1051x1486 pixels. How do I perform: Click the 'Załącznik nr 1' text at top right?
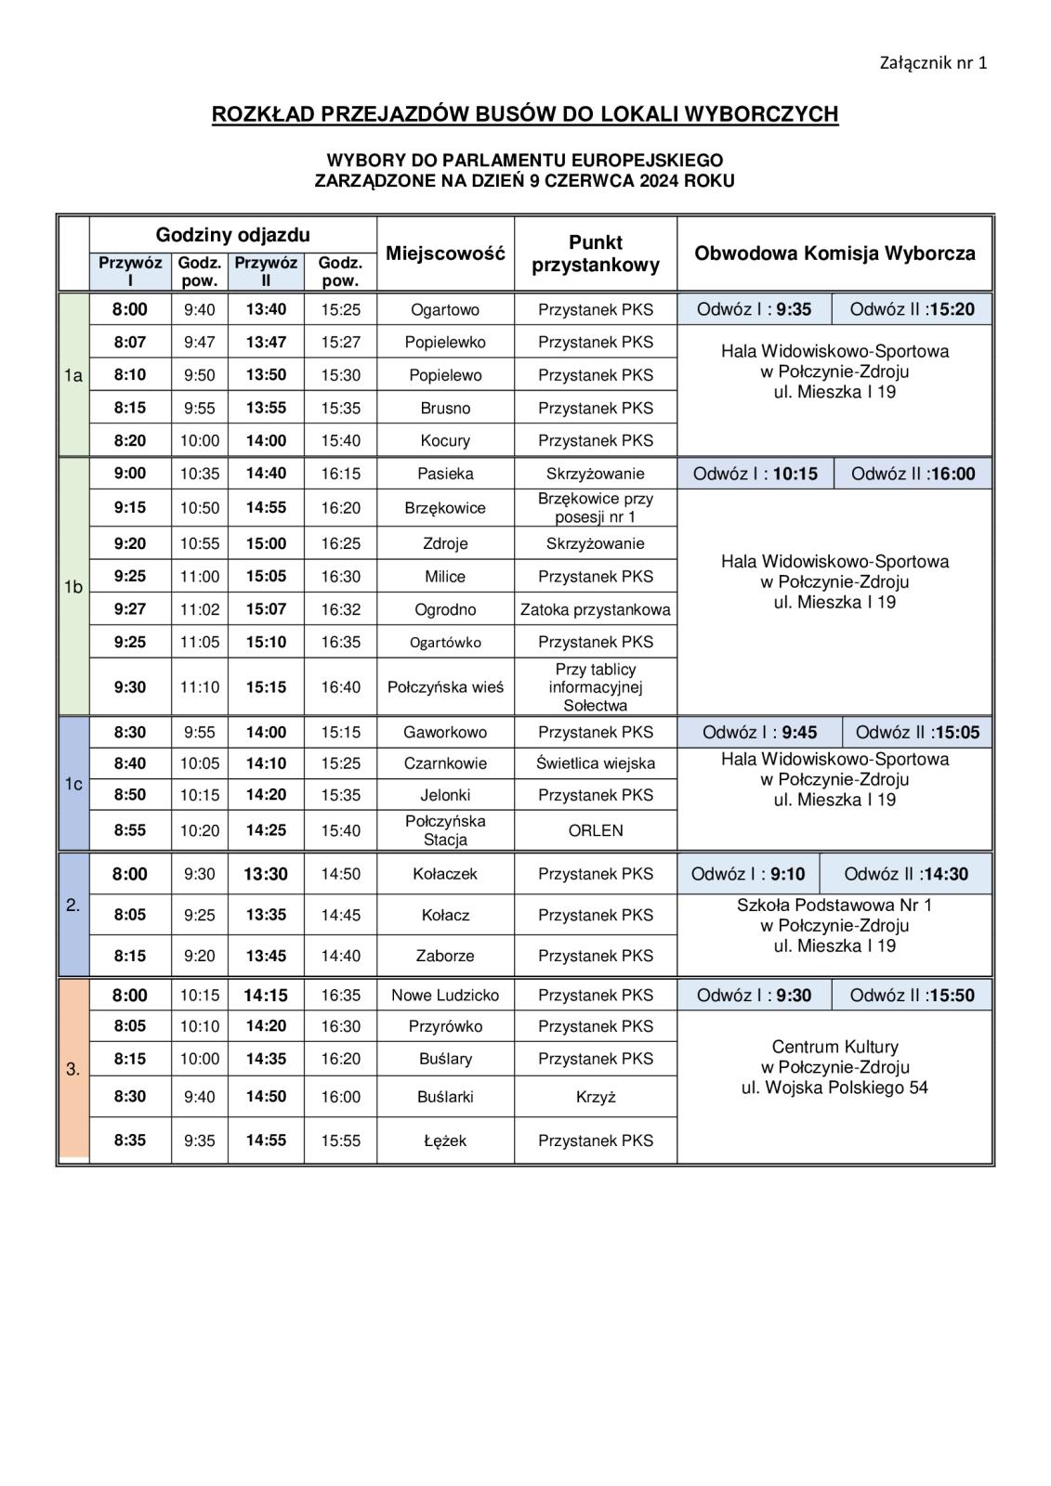[932, 63]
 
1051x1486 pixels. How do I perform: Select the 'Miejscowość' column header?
[445, 254]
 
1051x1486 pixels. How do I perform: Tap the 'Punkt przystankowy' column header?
[595, 254]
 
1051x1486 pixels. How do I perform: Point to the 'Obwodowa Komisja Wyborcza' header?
[834, 254]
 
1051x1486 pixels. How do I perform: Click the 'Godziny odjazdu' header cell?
[232, 235]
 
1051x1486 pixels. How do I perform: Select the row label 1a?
[73, 375]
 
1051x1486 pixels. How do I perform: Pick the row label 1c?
[73, 784]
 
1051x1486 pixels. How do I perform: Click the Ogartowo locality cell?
[445, 310]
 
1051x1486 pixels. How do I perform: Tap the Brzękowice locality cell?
[445, 508]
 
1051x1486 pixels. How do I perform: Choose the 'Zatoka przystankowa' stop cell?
[595, 610]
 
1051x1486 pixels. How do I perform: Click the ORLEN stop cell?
[595, 830]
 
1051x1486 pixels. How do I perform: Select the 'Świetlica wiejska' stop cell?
[595, 763]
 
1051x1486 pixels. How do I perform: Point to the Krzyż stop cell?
[595, 1097]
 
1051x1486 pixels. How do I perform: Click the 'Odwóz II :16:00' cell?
[913, 474]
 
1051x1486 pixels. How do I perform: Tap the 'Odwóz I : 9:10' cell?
[748, 874]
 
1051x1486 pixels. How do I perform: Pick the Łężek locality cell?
[445, 1141]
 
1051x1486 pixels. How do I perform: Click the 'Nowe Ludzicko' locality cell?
[445, 996]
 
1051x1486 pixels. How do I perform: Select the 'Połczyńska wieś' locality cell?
[445, 687]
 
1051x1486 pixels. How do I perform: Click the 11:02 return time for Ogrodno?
[200, 610]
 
